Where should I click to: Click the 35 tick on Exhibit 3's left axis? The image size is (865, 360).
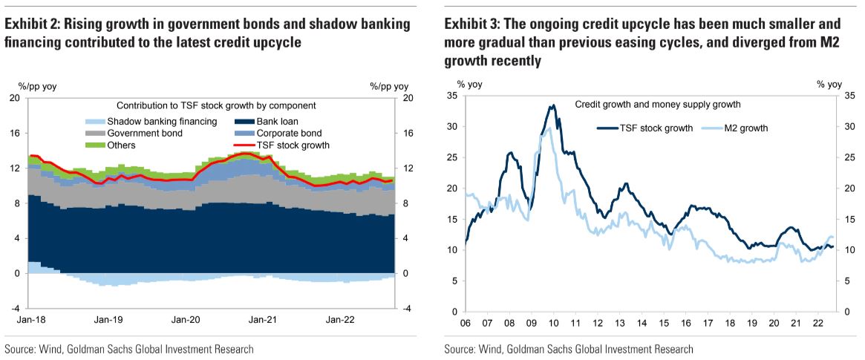pyautogui.click(x=453, y=95)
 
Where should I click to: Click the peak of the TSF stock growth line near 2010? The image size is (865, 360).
pyautogui.click(x=552, y=105)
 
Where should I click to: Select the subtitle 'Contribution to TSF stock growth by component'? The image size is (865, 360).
pyautogui.click(x=216, y=105)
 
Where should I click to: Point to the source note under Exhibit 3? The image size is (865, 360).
pyautogui.click(x=569, y=349)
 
